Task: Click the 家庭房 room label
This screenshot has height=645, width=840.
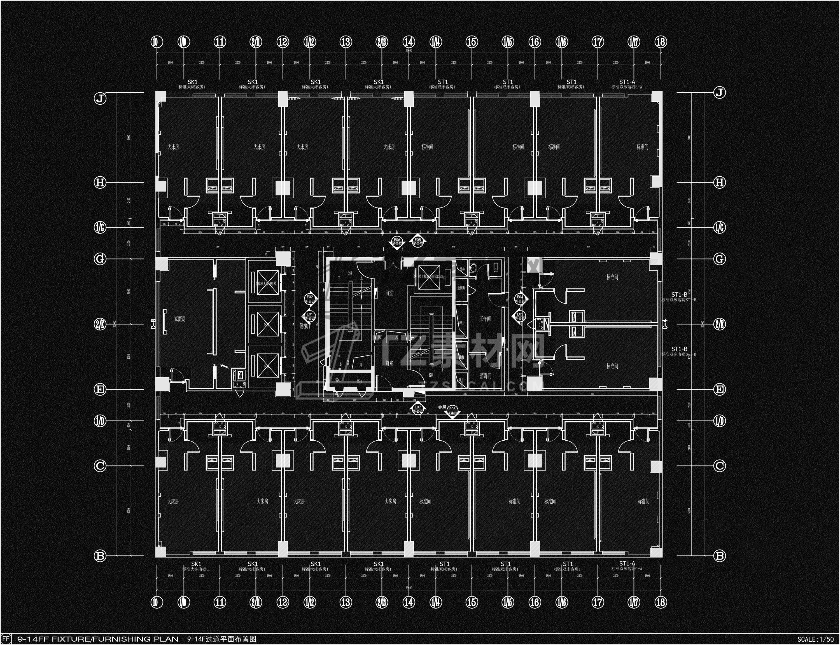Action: (180, 319)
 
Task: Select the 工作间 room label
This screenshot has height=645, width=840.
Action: (485, 319)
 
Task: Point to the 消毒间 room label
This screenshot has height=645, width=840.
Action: (485, 376)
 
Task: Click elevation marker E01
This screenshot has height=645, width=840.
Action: (310, 316)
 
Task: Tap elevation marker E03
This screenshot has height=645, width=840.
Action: (519, 316)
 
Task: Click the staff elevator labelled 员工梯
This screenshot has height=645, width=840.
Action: (429, 276)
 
